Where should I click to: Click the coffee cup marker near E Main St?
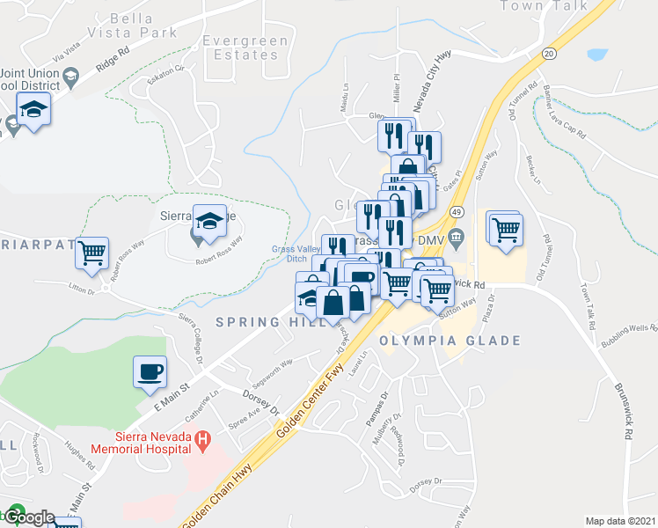[x=150, y=370]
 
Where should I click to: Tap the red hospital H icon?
[x=203, y=437]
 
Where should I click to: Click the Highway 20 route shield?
[x=549, y=53]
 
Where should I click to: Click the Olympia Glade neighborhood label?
[x=450, y=341]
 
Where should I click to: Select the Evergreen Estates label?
[x=239, y=48]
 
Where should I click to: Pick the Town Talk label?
[x=556, y=6]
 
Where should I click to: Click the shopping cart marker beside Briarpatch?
[x=91, y=253]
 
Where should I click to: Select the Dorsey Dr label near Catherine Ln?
[x=262, y=408]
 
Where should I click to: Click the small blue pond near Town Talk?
[x=596, y=54]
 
